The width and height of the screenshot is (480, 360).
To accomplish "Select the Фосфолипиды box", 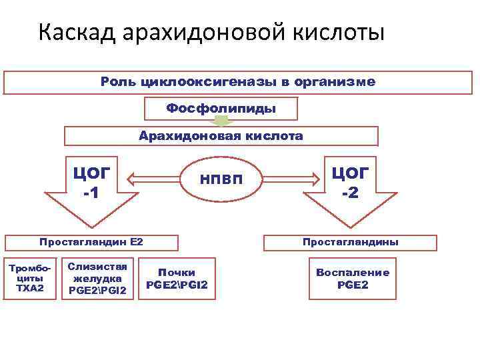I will coord(221,108).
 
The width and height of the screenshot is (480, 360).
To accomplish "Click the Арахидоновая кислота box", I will coord(221,136).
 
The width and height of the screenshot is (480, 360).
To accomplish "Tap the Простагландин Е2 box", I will coord(91,242).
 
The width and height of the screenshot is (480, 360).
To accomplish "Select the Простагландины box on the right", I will coord(350,242).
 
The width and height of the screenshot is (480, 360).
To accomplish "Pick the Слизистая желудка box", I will coord(97,277).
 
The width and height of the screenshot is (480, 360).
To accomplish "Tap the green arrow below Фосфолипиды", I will coord(221,122).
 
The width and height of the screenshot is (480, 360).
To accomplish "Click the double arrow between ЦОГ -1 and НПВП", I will coord(153,179).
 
